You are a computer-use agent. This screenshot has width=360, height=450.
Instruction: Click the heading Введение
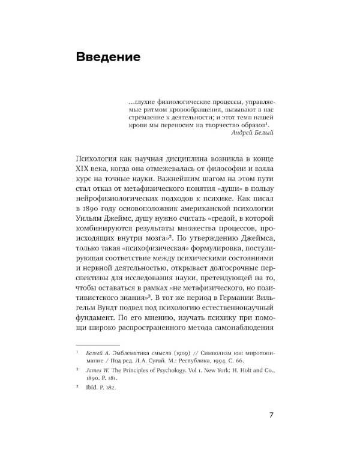109,58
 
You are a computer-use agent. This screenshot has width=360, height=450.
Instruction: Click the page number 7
271,414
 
